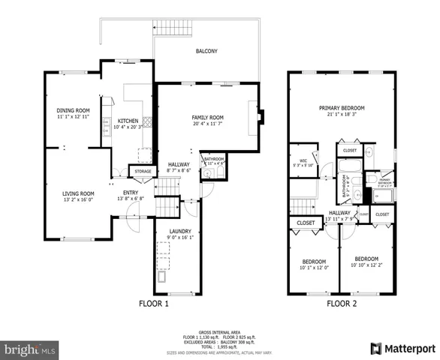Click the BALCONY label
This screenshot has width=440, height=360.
[206, 51]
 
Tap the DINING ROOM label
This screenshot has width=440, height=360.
[73, 110]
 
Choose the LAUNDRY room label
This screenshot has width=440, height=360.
[179, 231]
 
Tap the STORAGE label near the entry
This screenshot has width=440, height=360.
[143, 172]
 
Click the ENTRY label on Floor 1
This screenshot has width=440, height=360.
[131, 193]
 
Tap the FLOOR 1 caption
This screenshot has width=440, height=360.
[154, 304]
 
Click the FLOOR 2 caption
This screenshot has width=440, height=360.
[342, 304]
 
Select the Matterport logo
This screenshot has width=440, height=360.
[403, 348]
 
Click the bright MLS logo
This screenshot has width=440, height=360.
[30, 349]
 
